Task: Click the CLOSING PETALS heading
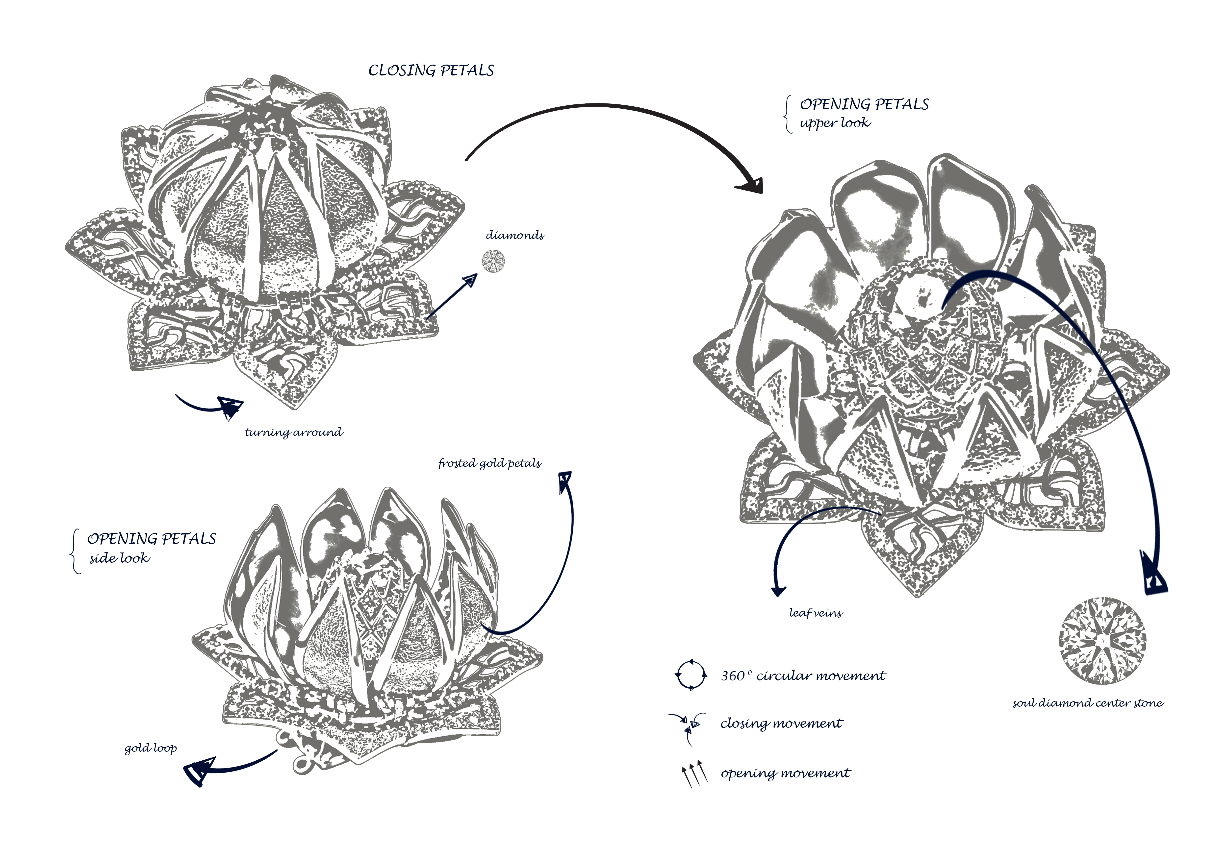431,71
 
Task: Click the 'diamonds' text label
515,235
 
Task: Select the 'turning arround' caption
294,432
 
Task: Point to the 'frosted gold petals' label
490,463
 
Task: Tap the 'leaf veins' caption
816,613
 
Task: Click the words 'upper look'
835,123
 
